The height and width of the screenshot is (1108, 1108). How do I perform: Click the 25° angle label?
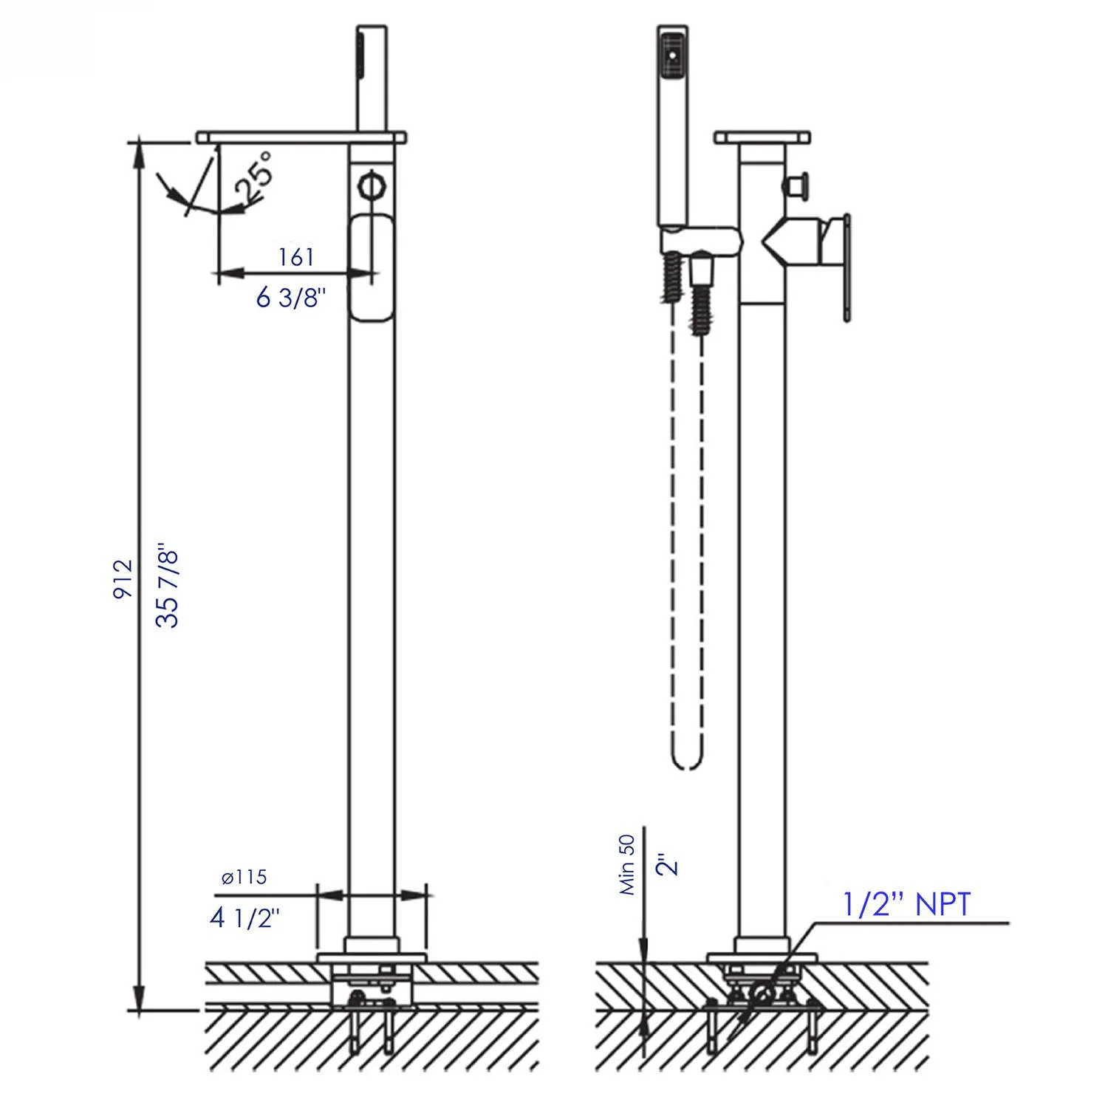point(253,177)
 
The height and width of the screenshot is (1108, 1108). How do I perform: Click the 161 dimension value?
point(296,257)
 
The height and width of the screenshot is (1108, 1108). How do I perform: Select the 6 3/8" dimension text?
point(290,297)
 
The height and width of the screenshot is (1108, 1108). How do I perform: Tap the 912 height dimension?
point(123,578)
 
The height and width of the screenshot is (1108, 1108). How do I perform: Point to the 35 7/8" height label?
point(168,587)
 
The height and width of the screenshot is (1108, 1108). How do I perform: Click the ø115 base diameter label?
point(244,877)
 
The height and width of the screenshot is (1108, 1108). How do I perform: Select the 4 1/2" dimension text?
point(244,918)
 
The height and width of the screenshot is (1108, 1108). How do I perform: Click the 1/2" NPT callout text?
point(906,904)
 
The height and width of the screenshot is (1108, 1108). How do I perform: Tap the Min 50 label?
point(627,864)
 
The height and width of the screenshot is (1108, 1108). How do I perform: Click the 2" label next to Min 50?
point(667,865)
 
